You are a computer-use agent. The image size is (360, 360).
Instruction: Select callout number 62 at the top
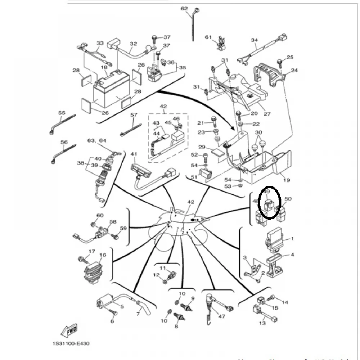(x=184, y=8)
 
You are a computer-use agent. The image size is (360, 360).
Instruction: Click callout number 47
(x=221, y=316)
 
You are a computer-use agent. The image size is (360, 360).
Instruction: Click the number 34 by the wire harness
(x=255, y=40)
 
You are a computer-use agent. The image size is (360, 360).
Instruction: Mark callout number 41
(x=134, y=154)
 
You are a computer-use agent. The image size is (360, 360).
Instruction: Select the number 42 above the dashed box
(x=163, y=106)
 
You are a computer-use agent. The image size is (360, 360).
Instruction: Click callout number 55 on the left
(x=62, y=113)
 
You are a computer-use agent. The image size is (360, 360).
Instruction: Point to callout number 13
(x=262, y=323)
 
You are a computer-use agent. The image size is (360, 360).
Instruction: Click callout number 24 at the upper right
(x=294, y=70)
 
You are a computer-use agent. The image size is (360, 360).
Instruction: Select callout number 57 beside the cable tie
(x=134, y=115)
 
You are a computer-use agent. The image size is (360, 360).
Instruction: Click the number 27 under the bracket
(x=267, y=114)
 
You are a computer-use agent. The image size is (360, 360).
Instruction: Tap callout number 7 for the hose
(x=138, y=314)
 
